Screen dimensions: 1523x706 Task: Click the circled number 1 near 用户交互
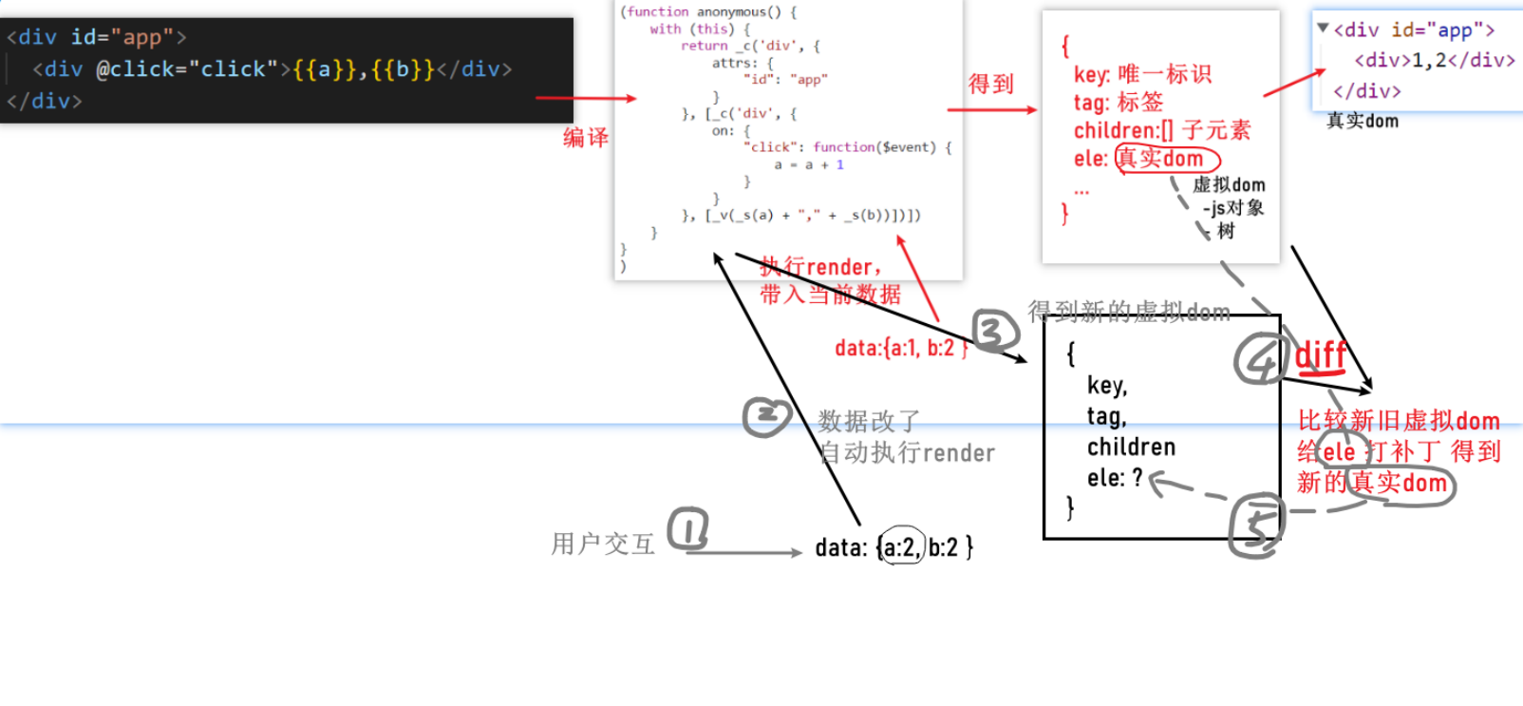point(688,529)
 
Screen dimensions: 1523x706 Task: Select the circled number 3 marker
point(994,332)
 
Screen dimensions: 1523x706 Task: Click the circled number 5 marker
point(1256,525)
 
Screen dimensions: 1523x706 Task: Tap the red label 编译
point(585,138)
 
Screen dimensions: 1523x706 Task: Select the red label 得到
point(990,84)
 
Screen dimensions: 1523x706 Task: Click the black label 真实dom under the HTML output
point(1362,121)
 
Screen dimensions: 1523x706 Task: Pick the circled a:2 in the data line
point(901,546)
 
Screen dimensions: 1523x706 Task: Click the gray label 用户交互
point(603,544)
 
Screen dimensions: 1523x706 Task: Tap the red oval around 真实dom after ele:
point(1167,159)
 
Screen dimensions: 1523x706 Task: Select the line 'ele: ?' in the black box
point(1115,478)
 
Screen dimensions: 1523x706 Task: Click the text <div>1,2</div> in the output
point(1434,61)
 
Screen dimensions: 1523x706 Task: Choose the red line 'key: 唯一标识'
point(1142,74)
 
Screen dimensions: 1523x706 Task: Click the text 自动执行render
point(908,453)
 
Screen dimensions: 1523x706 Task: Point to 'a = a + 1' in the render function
point(808,164)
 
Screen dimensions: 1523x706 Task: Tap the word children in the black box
point(1131,447)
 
